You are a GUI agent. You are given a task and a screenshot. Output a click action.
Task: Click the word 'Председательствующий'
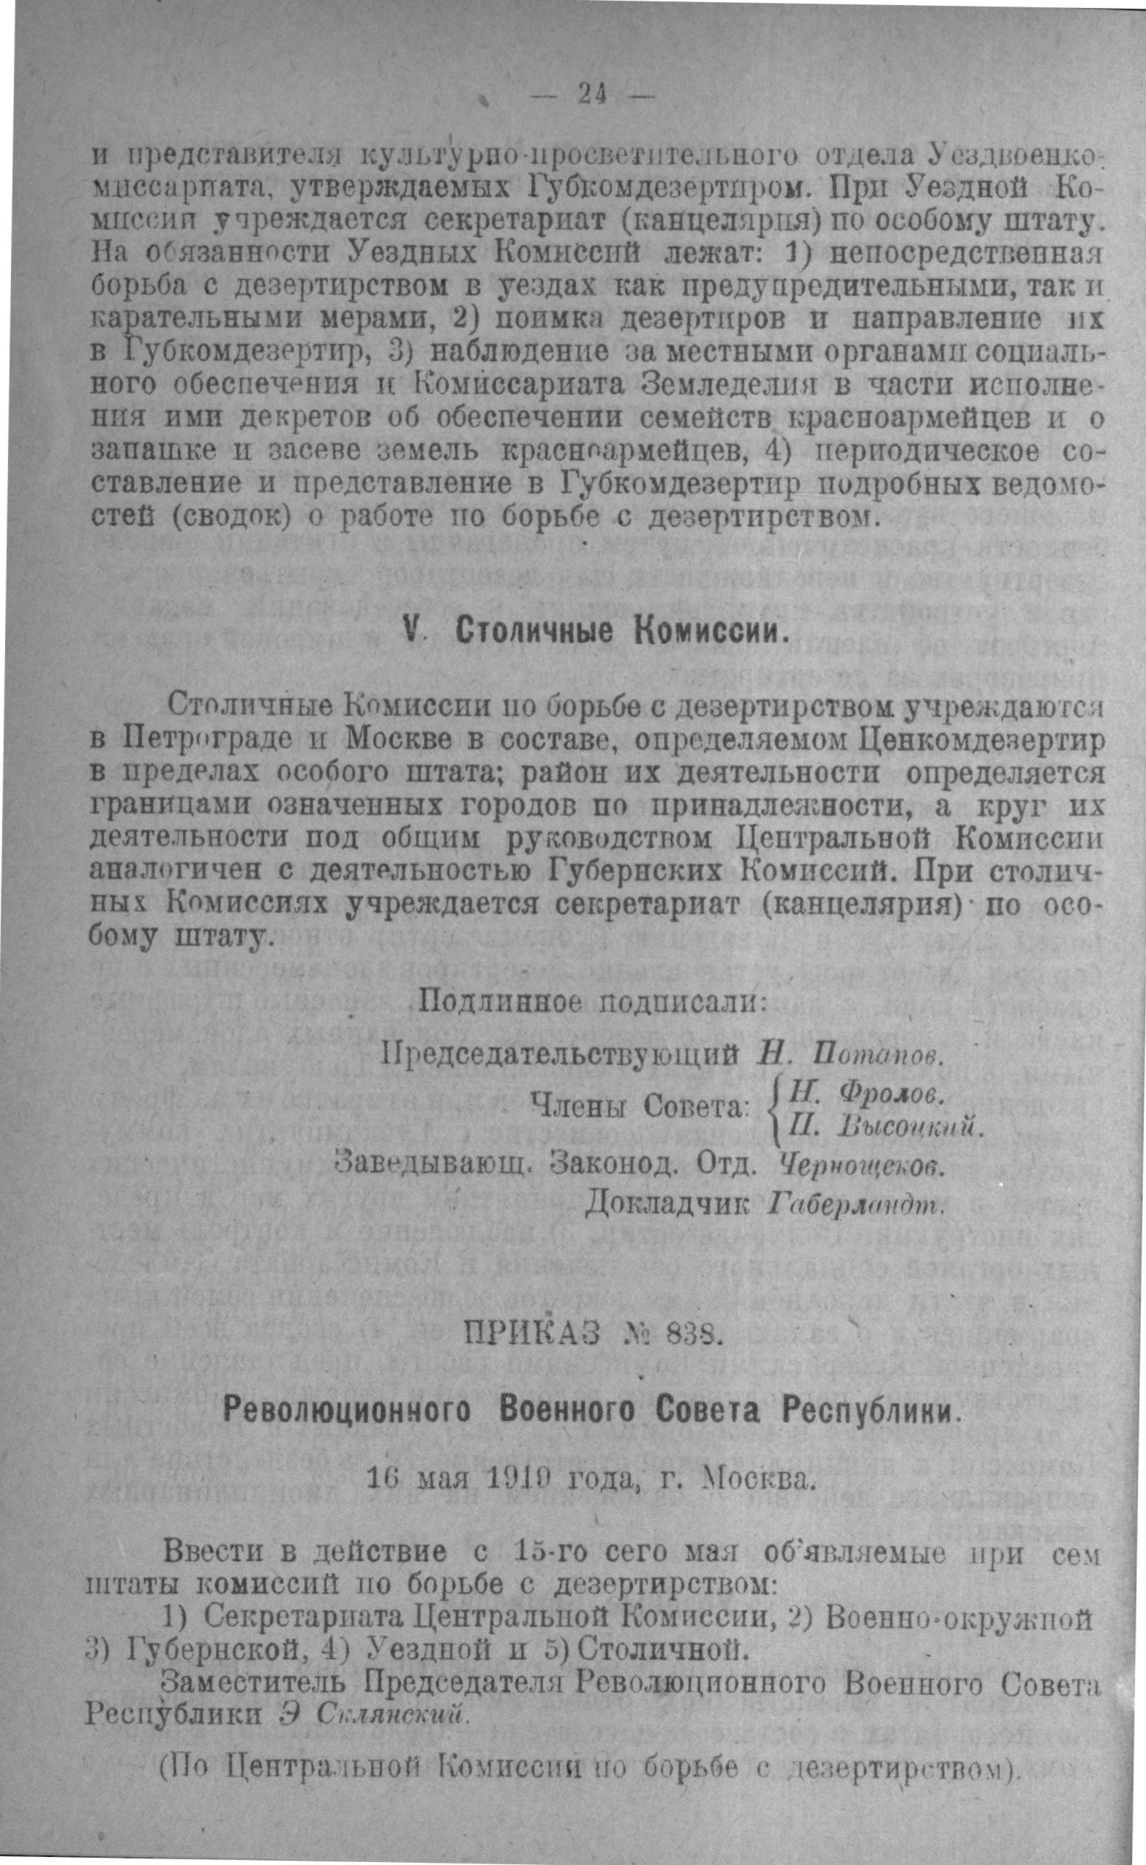point(561,1052)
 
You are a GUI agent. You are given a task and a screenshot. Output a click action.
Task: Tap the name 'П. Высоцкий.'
point(886,1128)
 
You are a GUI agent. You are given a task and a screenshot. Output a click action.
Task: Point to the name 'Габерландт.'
point(859,1204)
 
